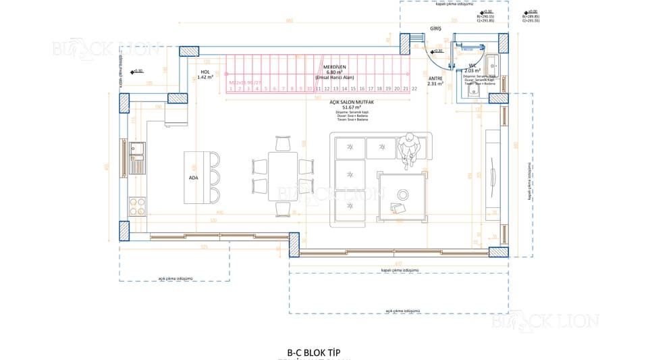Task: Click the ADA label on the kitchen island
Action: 194,178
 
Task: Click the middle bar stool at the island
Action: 214,178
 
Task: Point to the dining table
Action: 283,176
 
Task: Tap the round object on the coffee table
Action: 403,192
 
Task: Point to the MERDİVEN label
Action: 334,68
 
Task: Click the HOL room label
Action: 205,71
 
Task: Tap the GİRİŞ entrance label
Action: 435,29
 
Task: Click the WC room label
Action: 473,66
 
